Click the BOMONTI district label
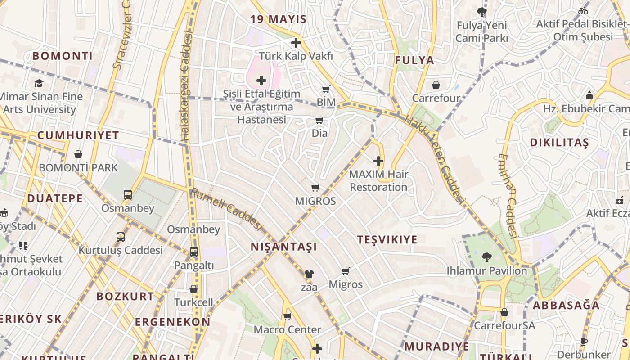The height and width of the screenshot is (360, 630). pos(63,56)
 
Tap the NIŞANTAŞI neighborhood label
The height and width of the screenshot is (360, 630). pos(283,247)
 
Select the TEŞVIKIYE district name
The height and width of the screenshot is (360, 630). pos(387,239)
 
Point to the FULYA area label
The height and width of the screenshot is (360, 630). pos(414,60)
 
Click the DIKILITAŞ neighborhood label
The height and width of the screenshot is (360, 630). pos(559,143)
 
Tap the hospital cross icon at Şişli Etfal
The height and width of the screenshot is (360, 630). pos(261,81)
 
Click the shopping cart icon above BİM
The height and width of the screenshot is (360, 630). pos(326,89)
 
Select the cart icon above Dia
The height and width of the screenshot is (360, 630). pos(319,120)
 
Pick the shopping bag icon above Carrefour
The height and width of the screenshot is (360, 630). pos(436,85)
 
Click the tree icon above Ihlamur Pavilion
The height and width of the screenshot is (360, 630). pos(486,257)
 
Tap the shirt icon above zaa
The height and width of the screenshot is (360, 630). pos(309,274)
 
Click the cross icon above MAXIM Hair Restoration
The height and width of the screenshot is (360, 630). pos(378,161)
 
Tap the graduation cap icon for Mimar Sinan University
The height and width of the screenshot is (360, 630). pos(39,83)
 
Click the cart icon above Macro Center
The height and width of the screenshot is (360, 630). pos(288,316)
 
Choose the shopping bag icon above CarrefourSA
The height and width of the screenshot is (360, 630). pos(504,312)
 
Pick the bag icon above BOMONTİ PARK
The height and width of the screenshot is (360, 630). pos(78,154)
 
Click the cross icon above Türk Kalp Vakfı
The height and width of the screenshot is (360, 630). pos(296,43)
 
